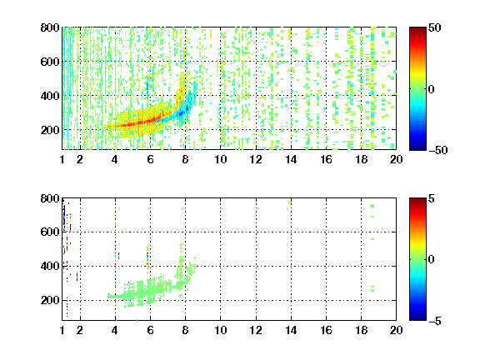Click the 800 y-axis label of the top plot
coord(50,27)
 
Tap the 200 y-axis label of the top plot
coord(50,130)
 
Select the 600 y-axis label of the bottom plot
coord(50,232)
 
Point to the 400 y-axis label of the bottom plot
coord(50,266)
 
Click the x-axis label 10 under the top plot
coord(220,159)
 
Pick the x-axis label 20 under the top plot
coord(396,159)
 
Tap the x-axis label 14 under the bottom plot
coord(291,330)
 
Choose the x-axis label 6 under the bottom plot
coord(150,330)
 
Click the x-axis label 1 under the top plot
coord(62,159)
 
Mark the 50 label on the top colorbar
coord(435,28)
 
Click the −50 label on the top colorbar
coord(438,150)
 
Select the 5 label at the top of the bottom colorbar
coord(432,199)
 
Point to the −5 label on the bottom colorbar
coord(435,321)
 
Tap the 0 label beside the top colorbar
coord(432,89)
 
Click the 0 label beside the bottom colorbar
coord(432,260)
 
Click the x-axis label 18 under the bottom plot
coord(361,330)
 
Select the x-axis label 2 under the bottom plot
coord(80,330)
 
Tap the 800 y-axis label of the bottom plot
coord(50,198)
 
